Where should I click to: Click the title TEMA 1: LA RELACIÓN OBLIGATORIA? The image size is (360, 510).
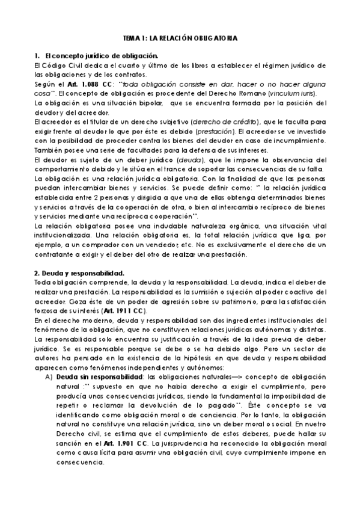(x=180, y=38)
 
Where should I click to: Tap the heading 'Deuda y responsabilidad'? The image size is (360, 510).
(x=82, y=273)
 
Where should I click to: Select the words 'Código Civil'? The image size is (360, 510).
(x=64, y=65)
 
